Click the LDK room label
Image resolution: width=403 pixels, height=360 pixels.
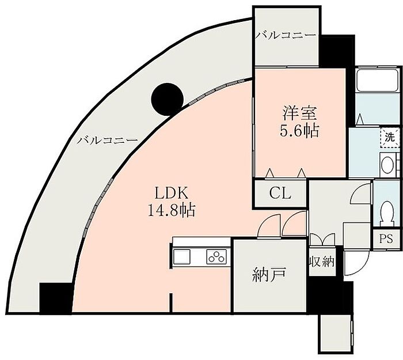tap(171, 193)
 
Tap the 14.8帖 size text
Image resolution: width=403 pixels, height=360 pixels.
tap(171, 211)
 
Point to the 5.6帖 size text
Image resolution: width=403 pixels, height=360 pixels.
tap(299, 131)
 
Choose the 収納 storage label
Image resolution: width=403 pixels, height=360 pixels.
tap(322, 262)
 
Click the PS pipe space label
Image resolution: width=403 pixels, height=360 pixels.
tap(386, 239)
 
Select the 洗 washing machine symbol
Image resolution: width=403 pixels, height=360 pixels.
tap(390, 138)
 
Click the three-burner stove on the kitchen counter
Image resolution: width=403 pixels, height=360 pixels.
tap(216, 256)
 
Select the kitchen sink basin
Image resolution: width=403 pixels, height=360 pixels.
tap(182, 256)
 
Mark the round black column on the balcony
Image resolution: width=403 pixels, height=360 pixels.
tap(168, 99)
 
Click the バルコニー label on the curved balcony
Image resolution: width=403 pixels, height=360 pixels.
tap(108, 141)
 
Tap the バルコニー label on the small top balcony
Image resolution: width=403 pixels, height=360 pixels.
tap(286, 36)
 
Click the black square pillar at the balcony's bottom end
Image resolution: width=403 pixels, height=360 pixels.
tap(56, 298)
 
